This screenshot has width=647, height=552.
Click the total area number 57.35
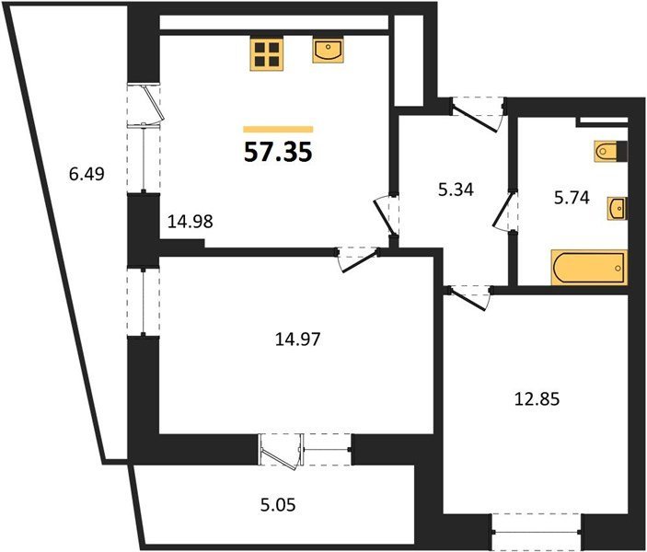[278, 152]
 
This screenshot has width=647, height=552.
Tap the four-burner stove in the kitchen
[266, 53]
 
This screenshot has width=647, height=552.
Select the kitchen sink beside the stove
[328, 52]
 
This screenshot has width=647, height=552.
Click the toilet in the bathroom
[611, 151]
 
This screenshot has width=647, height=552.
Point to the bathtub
[589, 268]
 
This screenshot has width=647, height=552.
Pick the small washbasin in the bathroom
[617, 209]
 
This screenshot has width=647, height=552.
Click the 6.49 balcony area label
[87, 174]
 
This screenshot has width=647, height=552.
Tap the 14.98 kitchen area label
[191, 222]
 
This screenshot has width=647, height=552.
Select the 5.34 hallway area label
[456, 190]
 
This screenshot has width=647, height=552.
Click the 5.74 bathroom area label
[572, 199]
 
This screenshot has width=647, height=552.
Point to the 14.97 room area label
[297, 339]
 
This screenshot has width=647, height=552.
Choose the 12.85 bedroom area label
[537, 399]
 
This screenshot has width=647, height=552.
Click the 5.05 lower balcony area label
[278, 504]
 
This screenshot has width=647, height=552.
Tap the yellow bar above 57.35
[278, 129]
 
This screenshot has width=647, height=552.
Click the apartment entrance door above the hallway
[477, 115]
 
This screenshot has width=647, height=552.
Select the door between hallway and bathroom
[504, 211]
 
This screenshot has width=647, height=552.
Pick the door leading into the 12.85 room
[469, 297]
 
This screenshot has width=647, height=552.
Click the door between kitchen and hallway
[386, 216]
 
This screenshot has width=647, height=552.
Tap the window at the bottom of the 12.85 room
[537, 532]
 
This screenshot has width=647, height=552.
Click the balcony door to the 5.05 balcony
[280, 451]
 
